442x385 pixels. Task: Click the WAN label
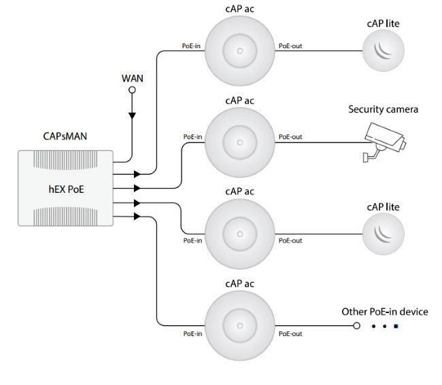pyautogui.click(x=133, y=78)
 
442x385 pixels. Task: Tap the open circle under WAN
pyautogui.click(x=133, y=89)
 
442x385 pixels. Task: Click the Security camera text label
pyautogui.click(x=384, y=109)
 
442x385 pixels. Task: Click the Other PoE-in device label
pyautogui.click(x=385, y=312)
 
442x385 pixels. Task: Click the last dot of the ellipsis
pyautogui.click(x=396, y=326)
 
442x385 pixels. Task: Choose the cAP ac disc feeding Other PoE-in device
pyautogui.click(x=240, y=325)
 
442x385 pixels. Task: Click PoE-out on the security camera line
pyautogui.click(x=290, y=137)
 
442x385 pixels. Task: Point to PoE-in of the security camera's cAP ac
pyautogui.click(x=192, y=137)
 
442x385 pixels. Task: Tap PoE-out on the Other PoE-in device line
pyautogui.click(x=290, y=334)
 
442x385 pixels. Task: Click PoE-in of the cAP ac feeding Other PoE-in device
pyautogui.click(x=192, y=334)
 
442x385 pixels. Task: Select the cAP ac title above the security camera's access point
pyautogui.click(x=240, y=100)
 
